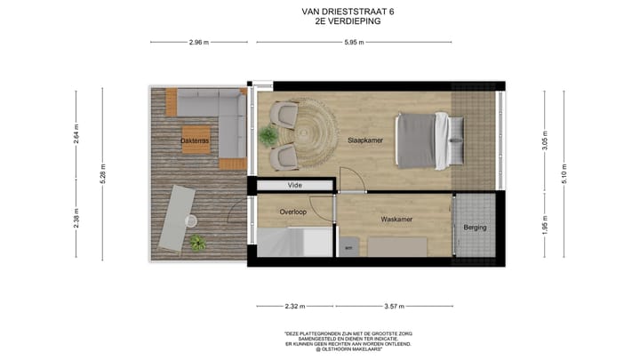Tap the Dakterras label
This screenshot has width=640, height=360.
(x=195, y=140)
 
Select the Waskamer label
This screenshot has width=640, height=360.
(x=396, y=219)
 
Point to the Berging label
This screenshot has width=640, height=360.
(x=475, y=228)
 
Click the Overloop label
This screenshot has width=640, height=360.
(x=293, y=212)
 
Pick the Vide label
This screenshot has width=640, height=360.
(x=294, y=186)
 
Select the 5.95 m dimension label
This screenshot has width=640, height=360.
(x=356, y=43)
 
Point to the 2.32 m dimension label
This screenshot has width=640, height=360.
(x=296, y=307)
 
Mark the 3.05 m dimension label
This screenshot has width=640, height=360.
(x=544, y=140)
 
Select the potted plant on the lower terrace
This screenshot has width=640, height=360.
(x=197, y=241)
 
